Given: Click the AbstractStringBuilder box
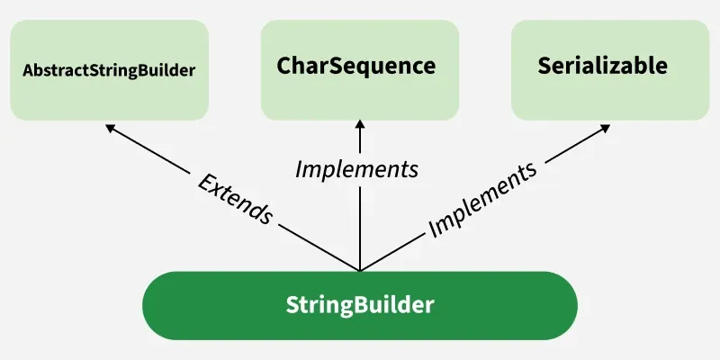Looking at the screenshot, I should tap(109, 69).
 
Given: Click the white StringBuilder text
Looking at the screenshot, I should tap(359, 304).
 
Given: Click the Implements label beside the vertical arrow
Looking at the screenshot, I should tap(357, 168).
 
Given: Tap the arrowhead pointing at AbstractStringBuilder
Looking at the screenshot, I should tap(110, 128).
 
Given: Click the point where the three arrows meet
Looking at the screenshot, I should tap(360, 270).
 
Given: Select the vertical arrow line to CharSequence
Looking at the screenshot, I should tap(360, 225).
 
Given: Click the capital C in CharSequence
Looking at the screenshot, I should tap(285, 66).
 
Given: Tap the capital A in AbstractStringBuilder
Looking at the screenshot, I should tap(28, 69).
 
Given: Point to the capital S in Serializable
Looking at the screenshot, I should tap(544, 66).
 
